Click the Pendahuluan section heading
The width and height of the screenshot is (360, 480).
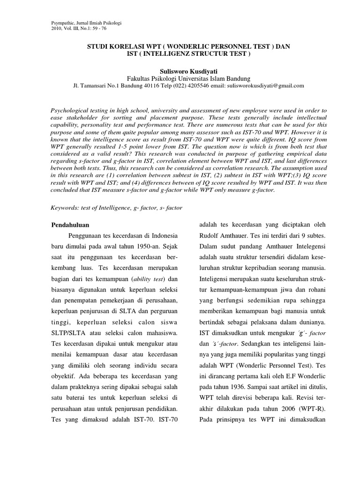pos(70,225)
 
